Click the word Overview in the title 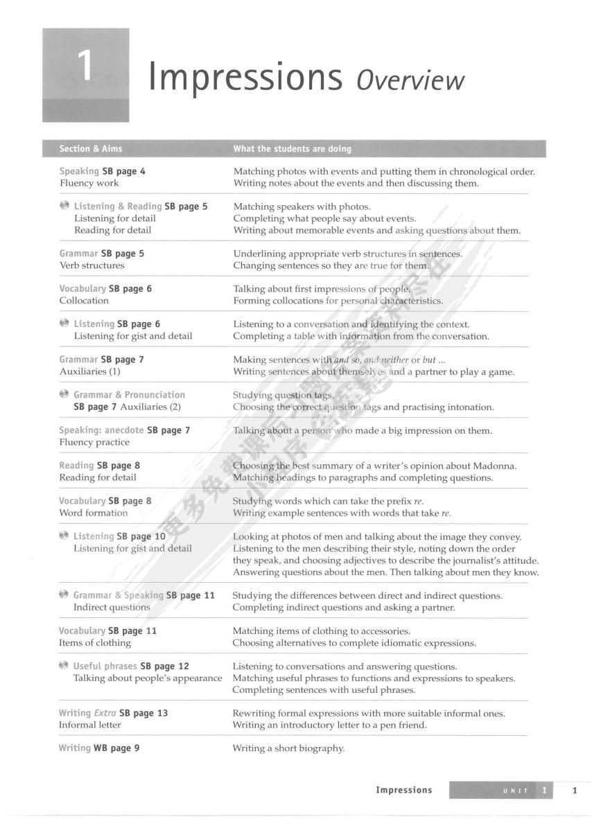(x=410, y=80)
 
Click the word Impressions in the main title (x=245, y=78)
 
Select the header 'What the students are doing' (x=292, y=148)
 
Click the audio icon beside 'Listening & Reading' (x=64, y=206)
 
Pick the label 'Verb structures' (x=92, y=265)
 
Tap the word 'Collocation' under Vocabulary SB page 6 (x=84, y=301)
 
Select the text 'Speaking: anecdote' (x=101, y=430)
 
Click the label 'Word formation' (x=93, y=513)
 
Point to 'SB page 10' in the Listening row (x=141, y=536)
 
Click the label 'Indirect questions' (x=112, y=607)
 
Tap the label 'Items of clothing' (x=94, y=642)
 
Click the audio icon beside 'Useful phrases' (x=64, y=666)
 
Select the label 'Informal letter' (x=89, y=725)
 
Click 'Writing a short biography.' (x=288, y=748)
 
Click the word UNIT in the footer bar (x=515, y=791)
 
